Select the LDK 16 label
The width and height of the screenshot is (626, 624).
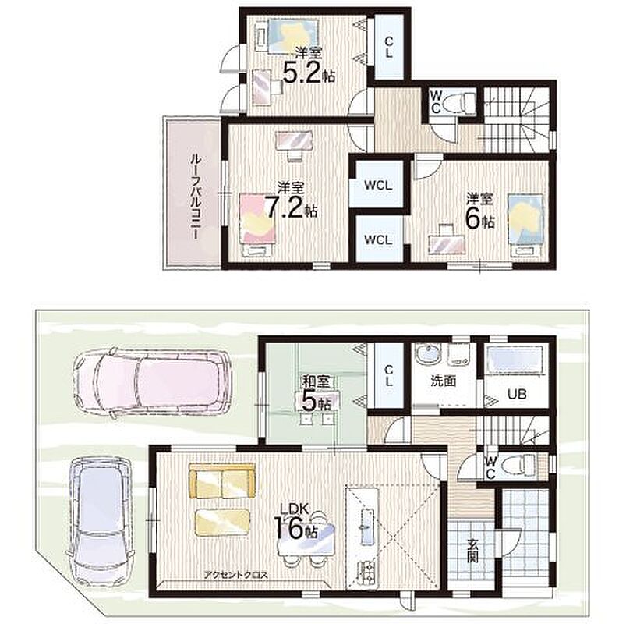click(295, 522)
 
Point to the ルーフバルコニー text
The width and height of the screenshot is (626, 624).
click(195, 197)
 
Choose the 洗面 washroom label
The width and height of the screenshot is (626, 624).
click(443, 381)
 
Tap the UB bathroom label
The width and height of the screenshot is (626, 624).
click(517, 395)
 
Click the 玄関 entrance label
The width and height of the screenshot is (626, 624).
click(473, 551)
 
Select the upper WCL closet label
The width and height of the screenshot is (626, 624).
click(378, 186)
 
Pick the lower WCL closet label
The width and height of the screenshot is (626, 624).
click(378, 239)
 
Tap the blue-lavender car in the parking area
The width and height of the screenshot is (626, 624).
click(101, 519)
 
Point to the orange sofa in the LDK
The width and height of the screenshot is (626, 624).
click(222, 481)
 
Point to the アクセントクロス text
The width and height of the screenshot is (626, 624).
click(236, 576)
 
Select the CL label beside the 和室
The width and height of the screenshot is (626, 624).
click(389, 376)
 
